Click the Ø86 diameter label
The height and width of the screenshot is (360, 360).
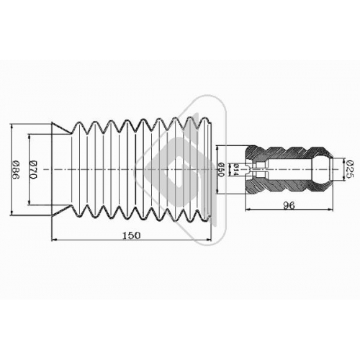coord(16,170)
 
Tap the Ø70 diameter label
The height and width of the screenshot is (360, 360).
coord(32,169)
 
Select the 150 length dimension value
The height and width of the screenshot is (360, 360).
coord(131,235)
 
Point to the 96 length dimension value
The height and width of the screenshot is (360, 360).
coord(289,205)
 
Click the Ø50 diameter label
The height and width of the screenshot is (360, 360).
coord(221,169)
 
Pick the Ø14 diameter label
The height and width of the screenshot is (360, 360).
coord(235,169)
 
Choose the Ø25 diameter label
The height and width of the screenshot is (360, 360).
coord(350,169)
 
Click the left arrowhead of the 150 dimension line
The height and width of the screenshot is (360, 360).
coord(55,239)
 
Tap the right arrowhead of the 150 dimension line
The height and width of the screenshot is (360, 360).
coord(207,239)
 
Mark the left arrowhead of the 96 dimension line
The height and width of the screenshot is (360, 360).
coord(248,210)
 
